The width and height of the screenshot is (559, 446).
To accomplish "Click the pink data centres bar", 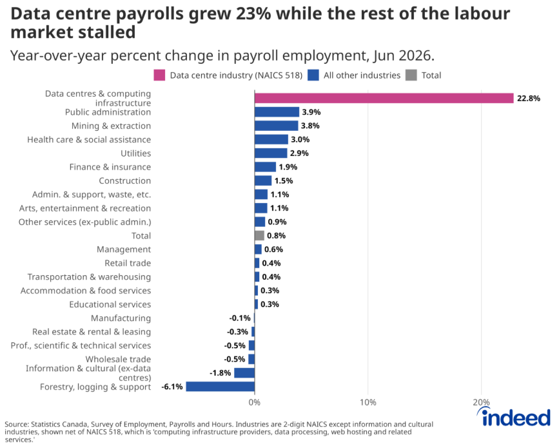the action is (x=384, y=98).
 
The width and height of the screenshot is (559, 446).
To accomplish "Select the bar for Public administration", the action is (x=277, y=112).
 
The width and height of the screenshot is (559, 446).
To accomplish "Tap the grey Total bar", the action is (x=259, y=235).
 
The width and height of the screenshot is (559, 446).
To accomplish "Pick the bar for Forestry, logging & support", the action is (x=221, y=387).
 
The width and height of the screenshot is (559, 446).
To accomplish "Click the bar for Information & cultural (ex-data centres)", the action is (x=244, y=373).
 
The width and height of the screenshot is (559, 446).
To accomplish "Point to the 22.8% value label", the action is (x=529, y=99).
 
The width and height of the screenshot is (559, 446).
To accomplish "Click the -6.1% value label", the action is (x=172, y=387).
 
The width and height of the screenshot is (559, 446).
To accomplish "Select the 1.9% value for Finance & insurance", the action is (x=288, y=167).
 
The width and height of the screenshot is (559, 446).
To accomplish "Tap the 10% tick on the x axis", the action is (x=368, y=402).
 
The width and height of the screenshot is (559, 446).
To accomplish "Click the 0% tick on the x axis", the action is (x=255, y=402).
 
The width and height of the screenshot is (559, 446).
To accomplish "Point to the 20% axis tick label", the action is (x=481, y=402).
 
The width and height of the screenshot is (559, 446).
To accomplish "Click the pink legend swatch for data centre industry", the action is (x=159, y=75).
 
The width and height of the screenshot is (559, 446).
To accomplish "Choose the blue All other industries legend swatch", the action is (x=313, y=75).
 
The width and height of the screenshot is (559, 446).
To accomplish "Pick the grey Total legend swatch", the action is (x=411, y=75).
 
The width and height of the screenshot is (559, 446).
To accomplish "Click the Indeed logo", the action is (x=514, y=417).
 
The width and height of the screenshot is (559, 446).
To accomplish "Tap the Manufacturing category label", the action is (x=121, y=318).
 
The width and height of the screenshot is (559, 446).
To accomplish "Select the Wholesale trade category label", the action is (x=118, y=359).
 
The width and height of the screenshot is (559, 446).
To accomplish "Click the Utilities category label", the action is (x=136, y=153).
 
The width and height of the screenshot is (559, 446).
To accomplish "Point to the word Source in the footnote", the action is (x=16, y=424).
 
